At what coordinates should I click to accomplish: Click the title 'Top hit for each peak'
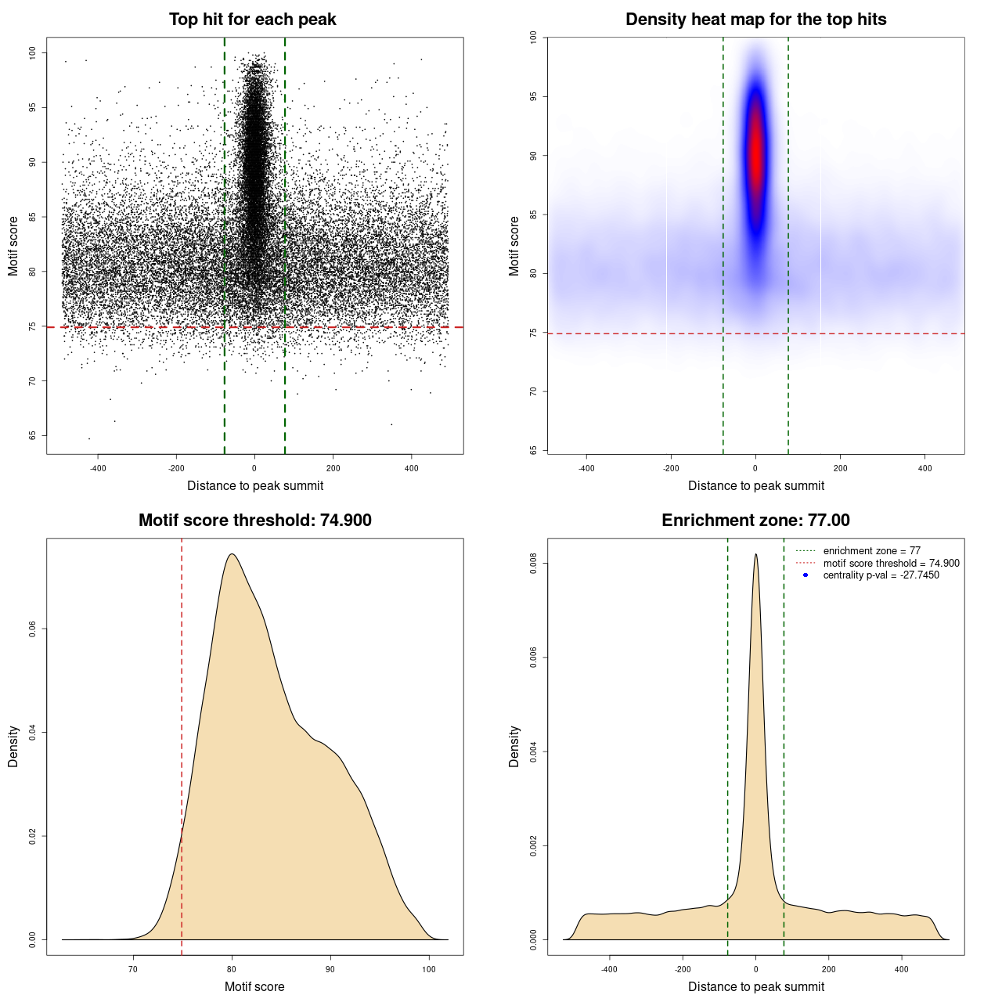(252, 20)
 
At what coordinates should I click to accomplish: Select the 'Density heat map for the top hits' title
(755, 20)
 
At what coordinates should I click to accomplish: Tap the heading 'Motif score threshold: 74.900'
(254, 521)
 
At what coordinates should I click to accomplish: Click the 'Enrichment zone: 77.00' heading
(755, 521)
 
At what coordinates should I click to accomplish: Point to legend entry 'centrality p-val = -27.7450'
(881, 575)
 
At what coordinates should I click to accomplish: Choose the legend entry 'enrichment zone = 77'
(871, 551)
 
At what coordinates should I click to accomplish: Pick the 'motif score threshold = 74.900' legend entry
(891, 564)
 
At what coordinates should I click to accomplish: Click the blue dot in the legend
(806, 575)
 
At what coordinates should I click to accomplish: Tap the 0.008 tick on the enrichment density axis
(534, 564)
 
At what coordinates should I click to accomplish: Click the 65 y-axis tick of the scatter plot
(33, 435)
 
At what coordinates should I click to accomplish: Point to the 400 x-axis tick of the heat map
(925, 468)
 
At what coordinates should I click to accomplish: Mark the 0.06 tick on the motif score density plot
(33, 629)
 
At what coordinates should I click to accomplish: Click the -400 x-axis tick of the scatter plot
(98, 468)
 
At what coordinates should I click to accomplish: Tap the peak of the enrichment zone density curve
(755, 555)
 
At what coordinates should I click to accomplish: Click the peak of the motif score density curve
(232, 554)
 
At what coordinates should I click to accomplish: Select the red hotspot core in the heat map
(755, 157)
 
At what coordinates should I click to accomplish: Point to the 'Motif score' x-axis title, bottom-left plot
(254, 986)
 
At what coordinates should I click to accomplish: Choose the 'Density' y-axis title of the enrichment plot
(514, 746)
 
